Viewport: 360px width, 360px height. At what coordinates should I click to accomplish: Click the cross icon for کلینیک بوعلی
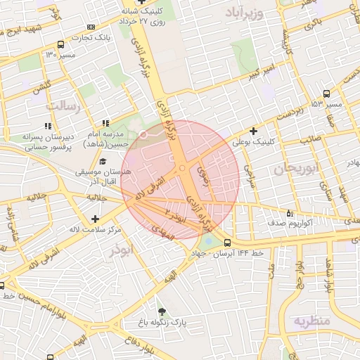click(x=253, y=131)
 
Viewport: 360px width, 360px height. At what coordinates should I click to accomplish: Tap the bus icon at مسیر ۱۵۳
click(x=326, y=94)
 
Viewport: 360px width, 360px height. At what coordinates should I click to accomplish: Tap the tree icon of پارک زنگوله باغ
click(x=162, y=311)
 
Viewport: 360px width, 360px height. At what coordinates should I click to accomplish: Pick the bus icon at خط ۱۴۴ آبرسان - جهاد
click(x=226, y=243)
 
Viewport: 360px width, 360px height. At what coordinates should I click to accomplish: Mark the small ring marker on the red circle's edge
click(x=144, y=133)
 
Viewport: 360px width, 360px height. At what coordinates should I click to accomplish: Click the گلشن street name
click(x=41, y=85)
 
